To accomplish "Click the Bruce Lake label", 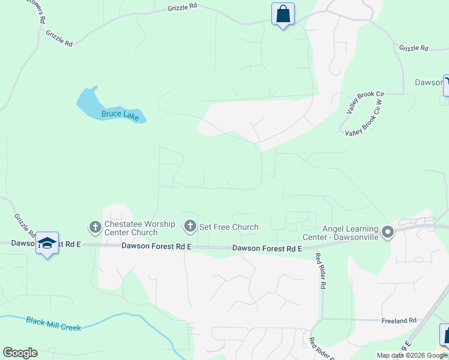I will coord(120,115).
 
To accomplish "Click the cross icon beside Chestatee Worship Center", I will coord(95,227).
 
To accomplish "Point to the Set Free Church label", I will coord(229,227).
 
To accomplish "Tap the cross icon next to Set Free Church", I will coord(190,226).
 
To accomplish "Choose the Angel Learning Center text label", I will coord(350,232).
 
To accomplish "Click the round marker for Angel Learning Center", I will coord(388,232).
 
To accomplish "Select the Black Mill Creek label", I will coord(53,323).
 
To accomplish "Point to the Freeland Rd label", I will coord(399,321).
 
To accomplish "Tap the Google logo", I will coord(20,353).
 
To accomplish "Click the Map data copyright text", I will coord(412,355).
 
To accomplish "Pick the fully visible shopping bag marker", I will coord(283,14).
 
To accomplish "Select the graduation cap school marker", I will coord(47,243).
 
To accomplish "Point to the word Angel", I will coord(333,229).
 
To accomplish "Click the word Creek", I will coord(71,326).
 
